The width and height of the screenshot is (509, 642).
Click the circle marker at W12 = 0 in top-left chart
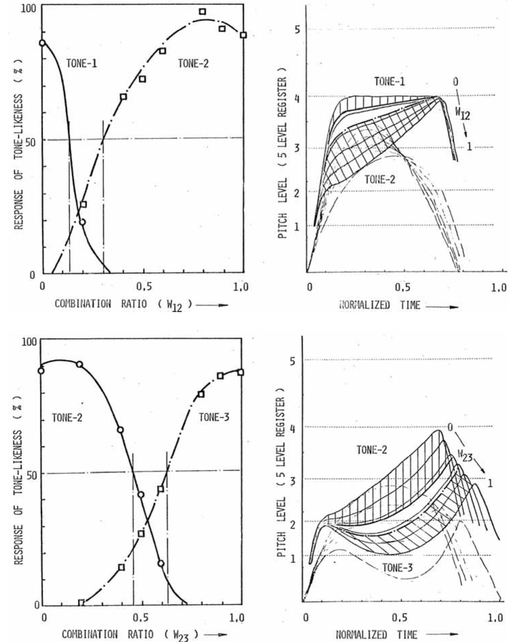point(42,43)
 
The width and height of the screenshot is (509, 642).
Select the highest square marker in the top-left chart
point(202,12)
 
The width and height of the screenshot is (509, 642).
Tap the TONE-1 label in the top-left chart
point(82,64)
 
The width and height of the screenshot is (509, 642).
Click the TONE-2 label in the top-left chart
point(194,64)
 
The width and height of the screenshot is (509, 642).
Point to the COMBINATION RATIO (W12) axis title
point(123,304)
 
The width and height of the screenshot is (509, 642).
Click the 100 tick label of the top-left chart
point(28,9)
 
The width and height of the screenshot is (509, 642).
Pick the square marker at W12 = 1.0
point(243,35)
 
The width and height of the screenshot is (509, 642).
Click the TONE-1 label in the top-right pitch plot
point(389,82)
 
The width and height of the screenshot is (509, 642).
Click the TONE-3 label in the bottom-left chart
point(214,417)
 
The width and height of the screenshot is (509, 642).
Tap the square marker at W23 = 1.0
point(241,372)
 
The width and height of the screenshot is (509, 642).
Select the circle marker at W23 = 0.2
point(80,364)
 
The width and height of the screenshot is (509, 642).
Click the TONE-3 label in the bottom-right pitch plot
point(397,568)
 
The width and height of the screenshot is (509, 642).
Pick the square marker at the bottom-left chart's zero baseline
point(81,603)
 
